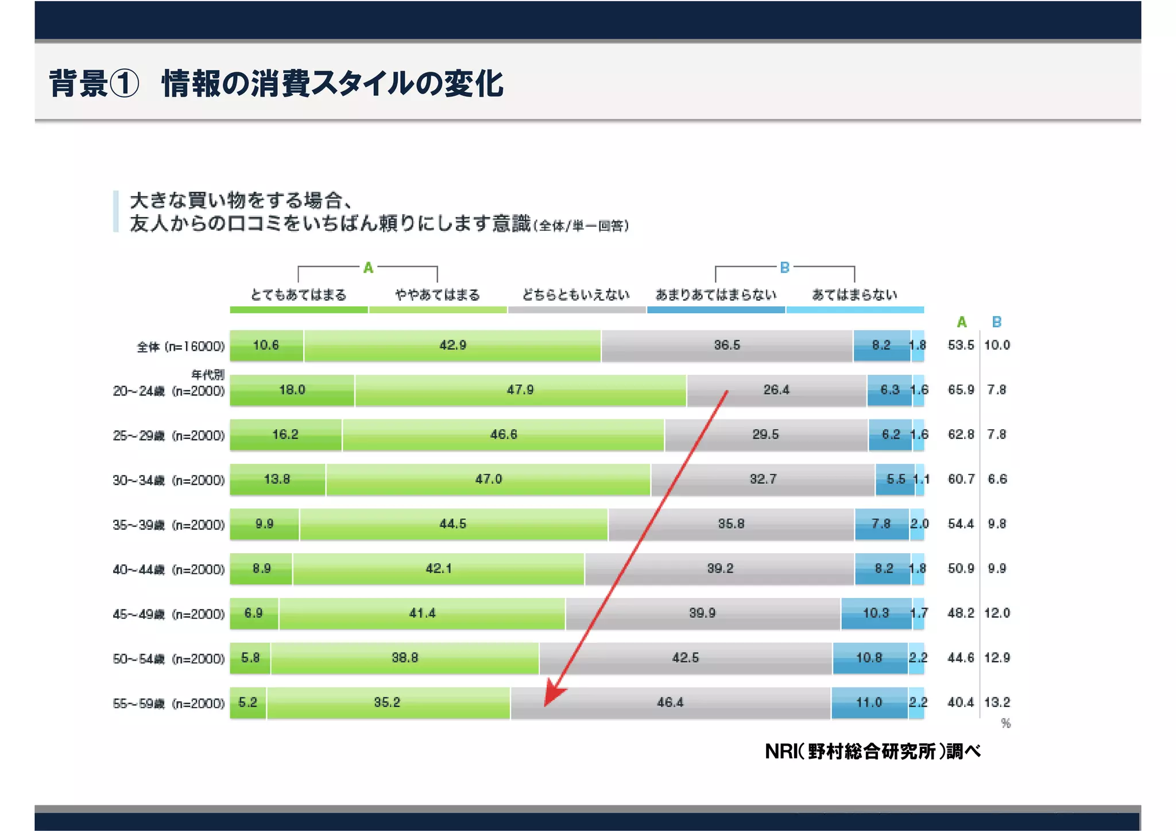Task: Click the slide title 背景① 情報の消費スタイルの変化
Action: tap(276, 83)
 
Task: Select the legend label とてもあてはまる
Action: tap(299, 295)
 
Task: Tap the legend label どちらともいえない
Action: tap(576, 295)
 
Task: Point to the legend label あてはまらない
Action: tap(854, 295)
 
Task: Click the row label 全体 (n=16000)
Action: tap(180, 347)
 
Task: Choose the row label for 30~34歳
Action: tap(168, 480)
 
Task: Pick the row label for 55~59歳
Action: tap(168, 704)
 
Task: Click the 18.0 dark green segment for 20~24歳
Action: tap(292, 390)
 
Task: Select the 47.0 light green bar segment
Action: tap(488, 479)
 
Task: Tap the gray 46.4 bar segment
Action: tap(670, 702)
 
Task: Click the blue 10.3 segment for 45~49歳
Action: tap(876, 613)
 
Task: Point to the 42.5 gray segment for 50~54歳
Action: tap(686, 658)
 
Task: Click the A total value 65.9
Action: tap(961, 390)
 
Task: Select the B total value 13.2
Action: tap(997, 702)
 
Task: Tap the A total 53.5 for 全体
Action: tap(961, 345)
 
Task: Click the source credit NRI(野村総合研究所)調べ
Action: tap(872, 751)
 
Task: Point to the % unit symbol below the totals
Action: tap(1005, 724)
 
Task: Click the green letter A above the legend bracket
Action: tap(368, 267)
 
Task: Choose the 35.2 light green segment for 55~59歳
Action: tap(387, 702)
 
